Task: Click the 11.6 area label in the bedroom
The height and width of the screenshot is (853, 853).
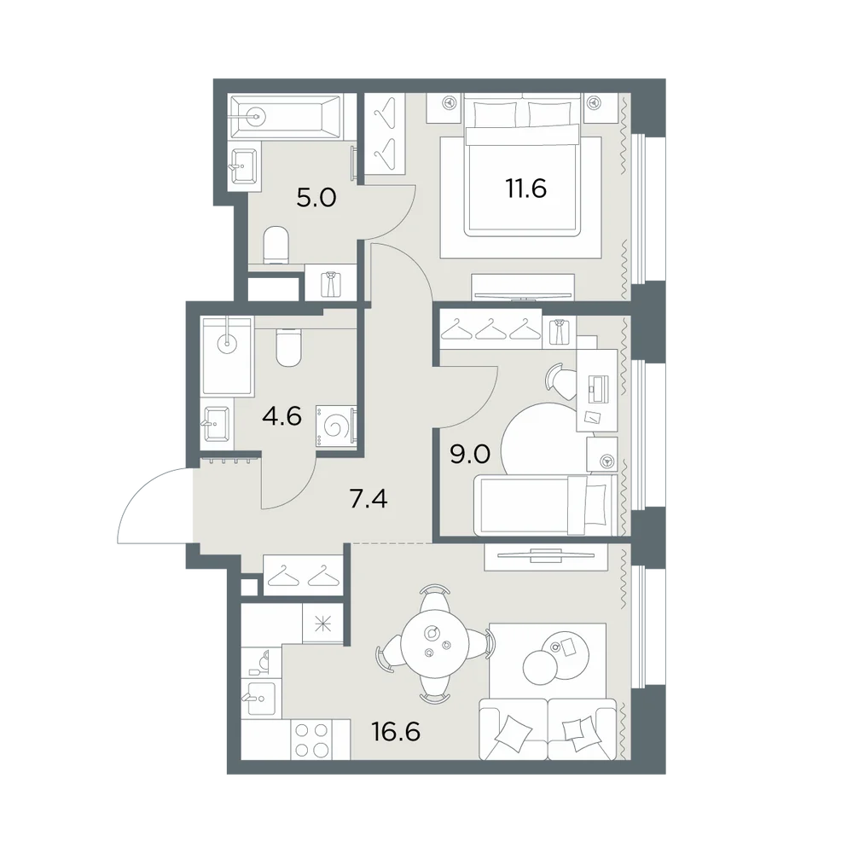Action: pos(526,189)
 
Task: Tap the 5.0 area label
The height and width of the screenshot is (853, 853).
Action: pos(316,198)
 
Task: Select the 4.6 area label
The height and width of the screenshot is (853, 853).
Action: pos(281,417)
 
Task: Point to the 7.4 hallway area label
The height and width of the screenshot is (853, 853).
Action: pos(368,498)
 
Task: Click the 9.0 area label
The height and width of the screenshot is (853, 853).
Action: pos(470,454)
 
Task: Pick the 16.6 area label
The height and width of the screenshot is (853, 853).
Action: pos(396,732)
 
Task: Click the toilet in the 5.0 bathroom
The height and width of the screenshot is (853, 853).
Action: pos(276,246)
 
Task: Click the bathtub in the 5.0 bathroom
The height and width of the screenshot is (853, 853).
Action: pos(286,116)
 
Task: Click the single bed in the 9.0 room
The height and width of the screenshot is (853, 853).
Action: pos(546,505)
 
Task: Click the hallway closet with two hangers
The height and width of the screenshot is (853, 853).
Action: pos(303,575)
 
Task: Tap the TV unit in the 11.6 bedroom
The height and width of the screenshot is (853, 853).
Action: pos(522,287)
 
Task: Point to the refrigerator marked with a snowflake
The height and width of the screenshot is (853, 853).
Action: pos(323,624)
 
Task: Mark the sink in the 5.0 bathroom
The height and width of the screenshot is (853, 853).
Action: pos(243,165)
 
